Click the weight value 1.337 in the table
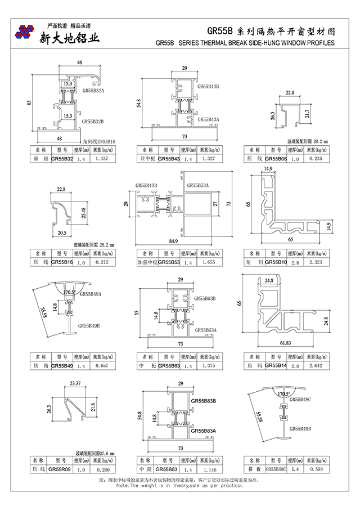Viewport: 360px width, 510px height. (102, 159)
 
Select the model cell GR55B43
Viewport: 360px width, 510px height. (169, 159)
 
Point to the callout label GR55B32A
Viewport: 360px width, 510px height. (93, 90)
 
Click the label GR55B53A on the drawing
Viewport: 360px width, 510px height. (197, 185)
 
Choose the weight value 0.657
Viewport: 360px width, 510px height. (102, 366)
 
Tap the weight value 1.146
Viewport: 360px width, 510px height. (208, 469)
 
